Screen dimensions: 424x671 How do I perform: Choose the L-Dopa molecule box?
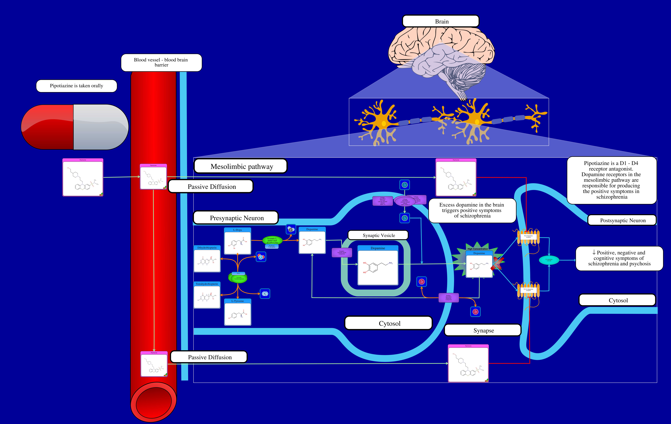click(237, 241)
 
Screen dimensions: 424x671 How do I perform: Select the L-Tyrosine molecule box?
click(237, 312)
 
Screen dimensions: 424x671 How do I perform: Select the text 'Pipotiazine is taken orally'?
click(76, 86)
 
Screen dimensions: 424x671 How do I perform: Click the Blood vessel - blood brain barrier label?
click(161, 62)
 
